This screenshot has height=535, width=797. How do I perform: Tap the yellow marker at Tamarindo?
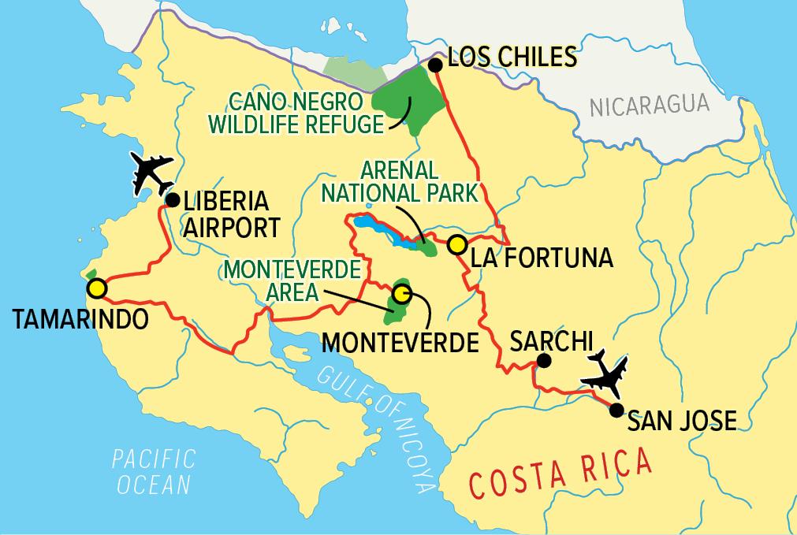pyautogui.click(x=96, y=288)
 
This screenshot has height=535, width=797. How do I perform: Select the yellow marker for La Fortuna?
pyautogui.click(x=455, y=245)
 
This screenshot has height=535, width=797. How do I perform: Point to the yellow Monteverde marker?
pyautogui.click(x=402, y=294)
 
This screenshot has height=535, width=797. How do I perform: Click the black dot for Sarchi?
pyautogui.click(x=543, y=362)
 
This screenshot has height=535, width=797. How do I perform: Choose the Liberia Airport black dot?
pyautogui.click(x=170, y=200)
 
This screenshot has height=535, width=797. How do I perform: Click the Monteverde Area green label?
pyautogui.click(x=292, y=280)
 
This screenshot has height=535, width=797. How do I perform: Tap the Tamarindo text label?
pyautogui.click(x=80, y=319)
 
